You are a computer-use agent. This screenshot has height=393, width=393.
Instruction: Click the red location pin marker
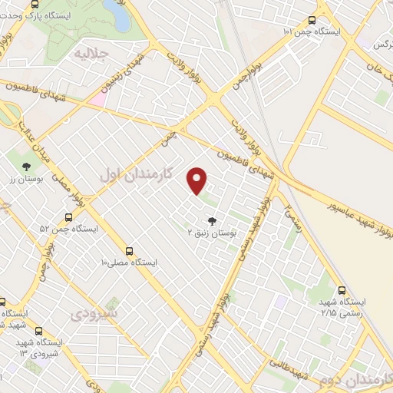(198, 180)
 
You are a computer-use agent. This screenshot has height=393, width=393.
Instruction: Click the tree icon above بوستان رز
(27, 166)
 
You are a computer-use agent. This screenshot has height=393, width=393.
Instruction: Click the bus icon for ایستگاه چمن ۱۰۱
(311, 21)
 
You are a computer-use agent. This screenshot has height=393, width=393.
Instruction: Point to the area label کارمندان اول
(133, 174)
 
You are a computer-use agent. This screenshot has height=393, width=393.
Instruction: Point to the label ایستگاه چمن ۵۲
(70, 229)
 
